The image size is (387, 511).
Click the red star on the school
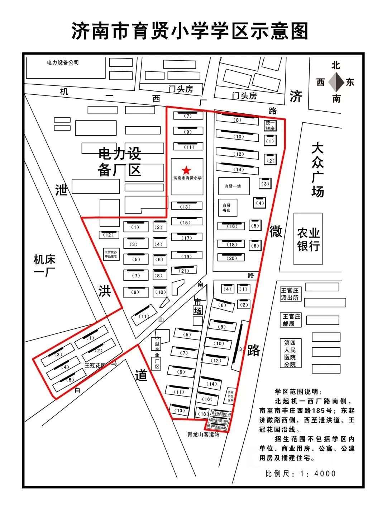click(x=186, y=170)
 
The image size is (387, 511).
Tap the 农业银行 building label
click(x=308, y=239)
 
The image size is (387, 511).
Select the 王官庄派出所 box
click(x=291, y=294)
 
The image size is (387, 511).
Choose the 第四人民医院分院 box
click(x=290, y=353)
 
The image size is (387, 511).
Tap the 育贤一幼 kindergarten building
click(x=233, y=186)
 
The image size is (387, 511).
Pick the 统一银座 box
click(x=270, y=125)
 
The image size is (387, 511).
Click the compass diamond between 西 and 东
click(x=336, y=82)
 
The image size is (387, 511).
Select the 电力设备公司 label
click(x=63, y=62)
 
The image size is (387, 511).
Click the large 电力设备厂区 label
click(x=120, y=162)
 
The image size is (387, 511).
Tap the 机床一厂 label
click(x=44, y=266)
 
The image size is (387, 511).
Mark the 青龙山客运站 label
click(x=203, y=434)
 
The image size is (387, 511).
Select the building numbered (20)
click(x=232, y=258)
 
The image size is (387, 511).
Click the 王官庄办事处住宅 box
click(x=112, y=254)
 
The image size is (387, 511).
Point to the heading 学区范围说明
click(x=298, y=392)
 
